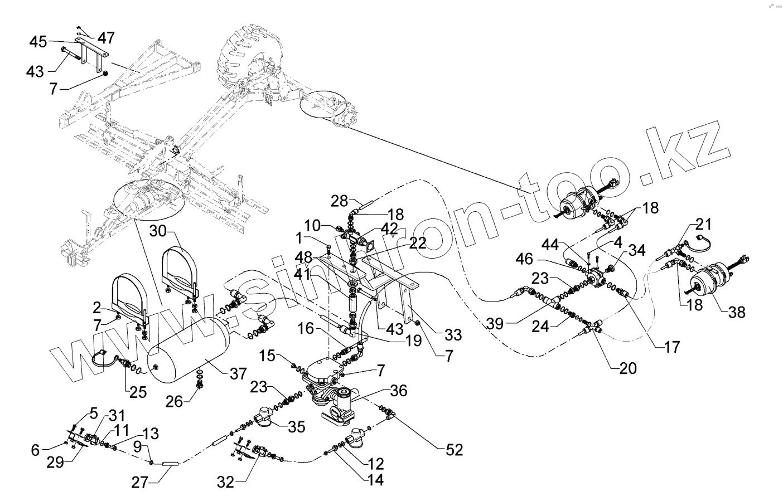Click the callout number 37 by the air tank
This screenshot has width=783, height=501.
238,373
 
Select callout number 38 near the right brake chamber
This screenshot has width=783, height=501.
737,312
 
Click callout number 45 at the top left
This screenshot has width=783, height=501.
38,41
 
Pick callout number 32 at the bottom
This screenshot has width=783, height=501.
225,481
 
